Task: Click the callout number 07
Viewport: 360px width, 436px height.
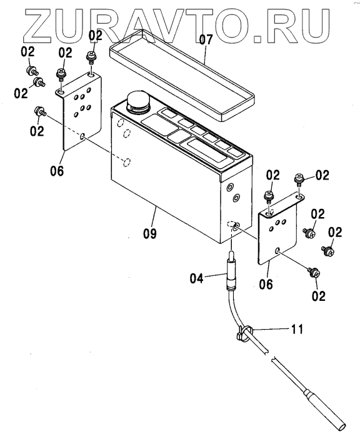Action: (x=206, y=40)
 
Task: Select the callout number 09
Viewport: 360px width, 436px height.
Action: (x=150, y=233)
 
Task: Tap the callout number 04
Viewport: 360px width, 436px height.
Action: (x=197, y=278)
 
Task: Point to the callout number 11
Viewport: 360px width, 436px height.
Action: (x=297, y=329)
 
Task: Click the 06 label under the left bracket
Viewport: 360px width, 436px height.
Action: (x=57, y=170)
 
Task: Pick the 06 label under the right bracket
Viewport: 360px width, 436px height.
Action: (x=266, y=284)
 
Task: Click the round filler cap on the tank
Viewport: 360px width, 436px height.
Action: (x=138, y=103)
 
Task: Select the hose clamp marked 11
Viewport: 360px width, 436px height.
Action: (x=244, y=332)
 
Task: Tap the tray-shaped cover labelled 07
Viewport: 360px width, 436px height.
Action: (x=182, y=75)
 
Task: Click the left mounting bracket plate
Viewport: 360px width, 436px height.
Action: (x=81, y=111)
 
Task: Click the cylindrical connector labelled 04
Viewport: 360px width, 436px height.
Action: (x=231, y=271)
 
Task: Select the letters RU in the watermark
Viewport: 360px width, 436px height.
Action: (x=298, y=26)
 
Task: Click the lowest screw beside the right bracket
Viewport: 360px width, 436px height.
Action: (x=314, y=273)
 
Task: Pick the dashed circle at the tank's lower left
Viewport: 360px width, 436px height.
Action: (x=126, y=162)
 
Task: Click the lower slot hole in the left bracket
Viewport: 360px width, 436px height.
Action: (x=82, y=136)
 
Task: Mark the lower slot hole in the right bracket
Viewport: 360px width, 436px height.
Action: (x=277, y=250)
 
